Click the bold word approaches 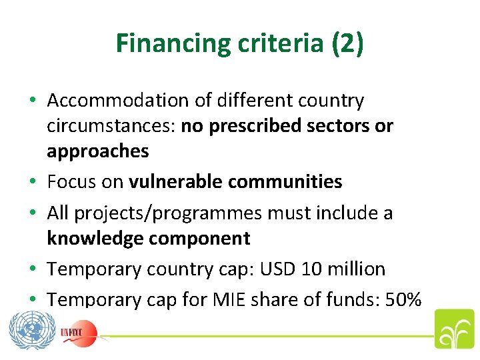97,151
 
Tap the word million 358,269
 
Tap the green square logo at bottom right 454,329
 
